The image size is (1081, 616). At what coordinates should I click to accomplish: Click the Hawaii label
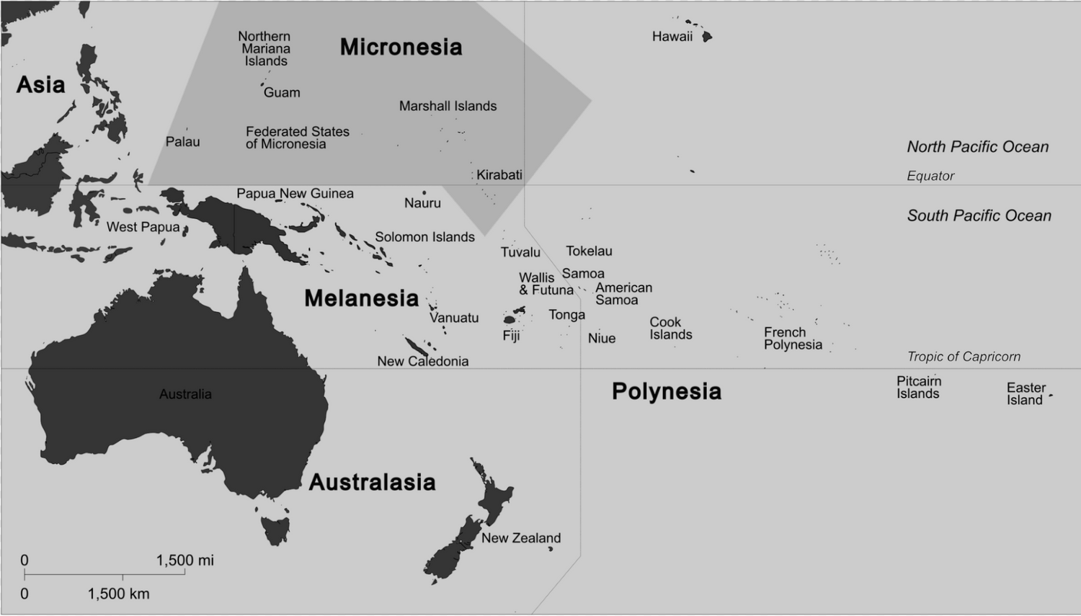pos(672,37)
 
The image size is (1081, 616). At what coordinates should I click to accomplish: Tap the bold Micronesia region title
pos(401,48)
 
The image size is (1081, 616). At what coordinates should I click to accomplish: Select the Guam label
pos(282,93)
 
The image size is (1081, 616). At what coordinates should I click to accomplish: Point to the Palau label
pos(183,142)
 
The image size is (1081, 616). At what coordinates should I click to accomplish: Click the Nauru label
pos(422,203)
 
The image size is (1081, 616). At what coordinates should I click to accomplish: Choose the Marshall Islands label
pos(448,107)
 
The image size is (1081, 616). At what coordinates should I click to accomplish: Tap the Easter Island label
pos(1026,394)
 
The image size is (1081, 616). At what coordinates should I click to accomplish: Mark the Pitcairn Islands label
pos(918,388)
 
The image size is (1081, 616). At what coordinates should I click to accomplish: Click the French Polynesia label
pos(793,339)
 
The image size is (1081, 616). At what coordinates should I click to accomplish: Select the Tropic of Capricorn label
pos(964,357)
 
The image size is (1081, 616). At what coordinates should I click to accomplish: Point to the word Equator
pos(930,176)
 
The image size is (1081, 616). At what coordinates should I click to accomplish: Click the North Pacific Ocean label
pos(977,147)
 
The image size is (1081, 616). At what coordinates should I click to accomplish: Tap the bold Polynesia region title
pos(666,391)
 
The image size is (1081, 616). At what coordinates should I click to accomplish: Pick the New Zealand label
pos(520,538)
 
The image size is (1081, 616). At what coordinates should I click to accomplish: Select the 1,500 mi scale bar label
pos(184,561)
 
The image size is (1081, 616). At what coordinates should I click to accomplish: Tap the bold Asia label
pos(40,85)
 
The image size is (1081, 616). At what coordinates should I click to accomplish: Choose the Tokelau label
pos(589,251)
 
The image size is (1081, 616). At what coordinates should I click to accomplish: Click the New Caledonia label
pos(422,362)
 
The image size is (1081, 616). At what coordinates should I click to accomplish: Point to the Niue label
pos(602,339)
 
